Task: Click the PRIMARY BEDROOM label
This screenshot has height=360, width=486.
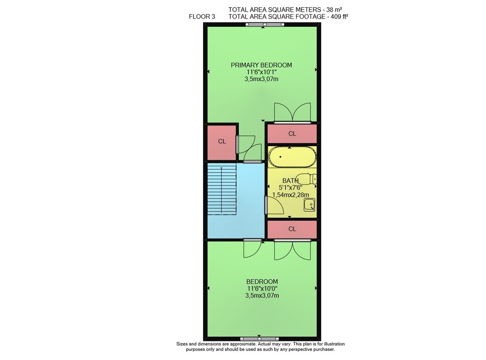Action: (261, 65)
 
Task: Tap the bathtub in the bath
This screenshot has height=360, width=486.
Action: (292, 157)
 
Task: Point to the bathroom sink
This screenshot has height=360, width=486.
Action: (309, 205)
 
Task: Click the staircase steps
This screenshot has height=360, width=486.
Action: (222, 189)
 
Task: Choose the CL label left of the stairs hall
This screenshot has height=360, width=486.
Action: (222, 141)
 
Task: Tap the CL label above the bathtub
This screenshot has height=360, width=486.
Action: (292, 134)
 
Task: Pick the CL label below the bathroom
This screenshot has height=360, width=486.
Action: (292, 229)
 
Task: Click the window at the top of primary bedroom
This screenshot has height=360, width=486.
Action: (264, 25)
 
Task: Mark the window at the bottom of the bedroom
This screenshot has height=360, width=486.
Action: (260, 339)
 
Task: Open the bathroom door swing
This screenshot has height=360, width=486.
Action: (274, 206)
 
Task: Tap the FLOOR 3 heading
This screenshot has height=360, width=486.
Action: (202, 17)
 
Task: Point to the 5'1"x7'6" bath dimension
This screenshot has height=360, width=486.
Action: (291, 188)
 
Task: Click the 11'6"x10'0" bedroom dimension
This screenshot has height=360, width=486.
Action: (262, 289)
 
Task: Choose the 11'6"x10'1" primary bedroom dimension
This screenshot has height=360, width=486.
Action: (261, 72)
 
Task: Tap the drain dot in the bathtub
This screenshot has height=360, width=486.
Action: (281, 157)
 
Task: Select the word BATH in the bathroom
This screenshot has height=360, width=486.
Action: (291, 181)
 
